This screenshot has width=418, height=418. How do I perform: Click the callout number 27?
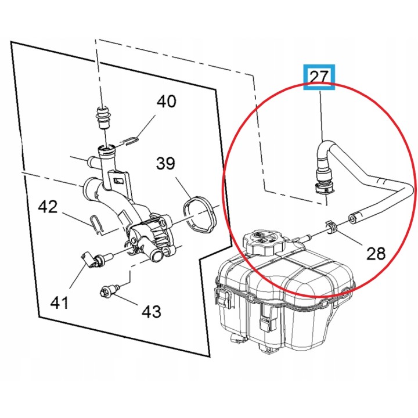319,77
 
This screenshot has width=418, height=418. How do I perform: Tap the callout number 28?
376,253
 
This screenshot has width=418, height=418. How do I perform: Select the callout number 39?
165,163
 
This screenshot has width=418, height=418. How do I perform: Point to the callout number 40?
167,101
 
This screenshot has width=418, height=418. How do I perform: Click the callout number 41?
59,303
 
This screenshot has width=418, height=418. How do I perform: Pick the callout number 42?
48,207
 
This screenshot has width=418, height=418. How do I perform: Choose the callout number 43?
151,311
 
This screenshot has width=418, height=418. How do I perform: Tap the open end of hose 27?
352,219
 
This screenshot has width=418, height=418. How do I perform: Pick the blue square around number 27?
319,77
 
